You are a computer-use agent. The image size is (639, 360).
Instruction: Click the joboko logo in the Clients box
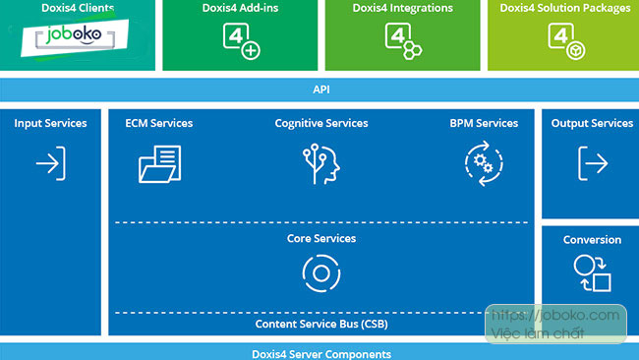click(70, 39)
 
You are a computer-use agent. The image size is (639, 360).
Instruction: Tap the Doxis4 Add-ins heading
click(240, 9)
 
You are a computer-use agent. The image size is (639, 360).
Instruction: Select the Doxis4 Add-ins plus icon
click(240, 41)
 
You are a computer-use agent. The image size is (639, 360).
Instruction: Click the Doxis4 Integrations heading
click(402, 9)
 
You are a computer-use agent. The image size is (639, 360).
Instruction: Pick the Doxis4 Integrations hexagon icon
click(402, 41)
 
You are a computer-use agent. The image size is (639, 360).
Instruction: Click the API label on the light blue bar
click(320, 89)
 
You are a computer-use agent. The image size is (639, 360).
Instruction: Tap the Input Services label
click(50, 123)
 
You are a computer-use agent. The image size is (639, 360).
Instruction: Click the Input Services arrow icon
click(50, 162)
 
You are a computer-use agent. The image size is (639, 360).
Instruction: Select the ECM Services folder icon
click(159, 163)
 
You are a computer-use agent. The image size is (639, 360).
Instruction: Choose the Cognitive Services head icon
click(320, 163)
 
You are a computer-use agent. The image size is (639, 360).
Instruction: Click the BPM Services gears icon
click(483, 163)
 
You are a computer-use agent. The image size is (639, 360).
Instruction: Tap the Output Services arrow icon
click(592, 161)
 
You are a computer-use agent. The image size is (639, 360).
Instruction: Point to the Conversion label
click(592, 240)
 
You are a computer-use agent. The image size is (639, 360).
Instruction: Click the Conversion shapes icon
click(592, 273)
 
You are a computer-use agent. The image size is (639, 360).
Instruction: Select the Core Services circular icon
click(320, 273)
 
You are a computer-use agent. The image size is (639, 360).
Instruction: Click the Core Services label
click(320, 239)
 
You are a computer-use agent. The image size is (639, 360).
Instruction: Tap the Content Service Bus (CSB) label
click(320, 324)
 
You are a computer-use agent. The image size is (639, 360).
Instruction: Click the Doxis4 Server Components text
click(320, 353)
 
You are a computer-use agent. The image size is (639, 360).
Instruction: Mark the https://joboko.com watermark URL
click(555, 316)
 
